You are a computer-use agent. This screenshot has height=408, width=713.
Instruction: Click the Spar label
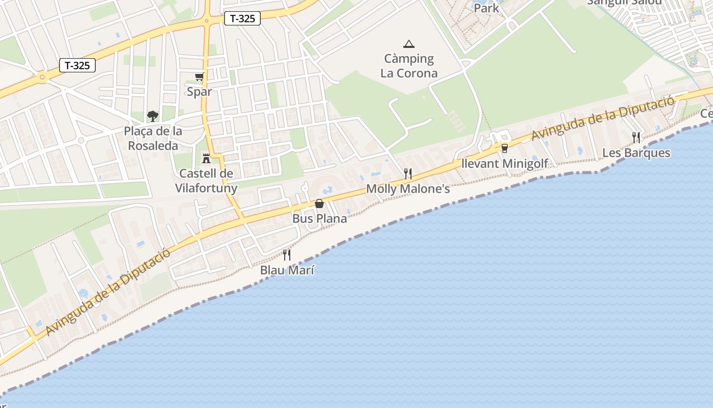point(199,92)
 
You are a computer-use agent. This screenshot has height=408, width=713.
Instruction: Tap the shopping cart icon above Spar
point(199,77)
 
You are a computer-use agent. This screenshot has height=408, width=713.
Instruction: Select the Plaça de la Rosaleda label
point(153,138)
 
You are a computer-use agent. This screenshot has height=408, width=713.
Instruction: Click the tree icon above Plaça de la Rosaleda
point(153,116)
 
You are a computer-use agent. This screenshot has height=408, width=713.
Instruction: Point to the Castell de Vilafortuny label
point(206,181)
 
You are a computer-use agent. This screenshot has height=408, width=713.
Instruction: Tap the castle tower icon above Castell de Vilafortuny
point(206,158)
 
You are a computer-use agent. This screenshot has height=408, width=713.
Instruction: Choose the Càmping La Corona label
point(409,66)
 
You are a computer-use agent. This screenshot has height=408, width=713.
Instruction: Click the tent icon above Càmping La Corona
point(408,44)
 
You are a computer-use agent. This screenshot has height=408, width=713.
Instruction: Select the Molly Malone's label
point(408,189)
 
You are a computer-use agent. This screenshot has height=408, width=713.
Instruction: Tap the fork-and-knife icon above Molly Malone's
point(407,173)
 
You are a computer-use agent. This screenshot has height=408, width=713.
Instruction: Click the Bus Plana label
point(319,218)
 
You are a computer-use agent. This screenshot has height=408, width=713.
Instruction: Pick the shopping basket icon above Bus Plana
point(319,203)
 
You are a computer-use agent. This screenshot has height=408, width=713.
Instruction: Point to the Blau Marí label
point(287,270)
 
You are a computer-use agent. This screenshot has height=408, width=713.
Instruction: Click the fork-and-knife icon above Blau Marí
point(287,254)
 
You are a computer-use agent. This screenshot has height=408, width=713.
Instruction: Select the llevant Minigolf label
point(504,164)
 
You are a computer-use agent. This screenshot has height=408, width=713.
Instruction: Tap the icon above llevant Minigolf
point(505,148)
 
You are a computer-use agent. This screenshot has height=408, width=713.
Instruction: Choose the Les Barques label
point(636,152)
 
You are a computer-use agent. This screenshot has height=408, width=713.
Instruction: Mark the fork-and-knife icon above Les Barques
point(636,137)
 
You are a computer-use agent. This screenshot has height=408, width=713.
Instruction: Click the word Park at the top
point(486,8)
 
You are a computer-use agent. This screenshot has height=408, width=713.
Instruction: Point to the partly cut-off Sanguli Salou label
point(624,3)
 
